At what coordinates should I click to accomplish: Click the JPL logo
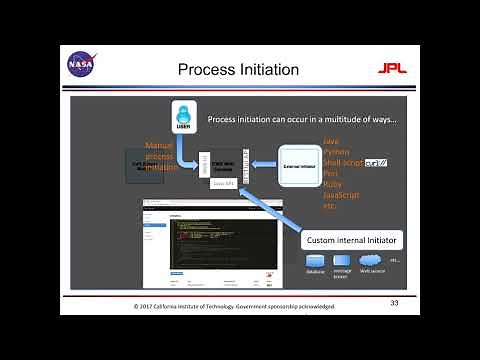tap(390, 69)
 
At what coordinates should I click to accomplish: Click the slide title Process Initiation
tap(238, 69)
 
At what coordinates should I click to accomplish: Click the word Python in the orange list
tap(337, 152)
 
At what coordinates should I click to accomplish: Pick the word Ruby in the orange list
tap(334, 184)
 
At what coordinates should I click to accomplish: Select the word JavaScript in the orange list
tap(342, 194)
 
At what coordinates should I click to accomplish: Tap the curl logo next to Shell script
tap(375, 162)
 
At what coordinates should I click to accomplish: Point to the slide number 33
tap(394, 302)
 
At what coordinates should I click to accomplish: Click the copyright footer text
tap(236, 306)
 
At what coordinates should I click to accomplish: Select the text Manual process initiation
tap(160, 156)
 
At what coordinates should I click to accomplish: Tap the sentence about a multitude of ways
tap(301, 120)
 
